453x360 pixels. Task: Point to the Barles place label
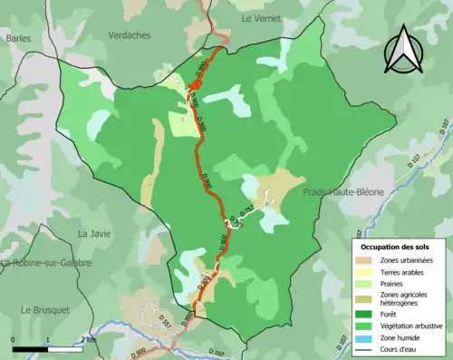tap(19, 38)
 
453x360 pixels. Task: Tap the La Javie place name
tap(93, 233)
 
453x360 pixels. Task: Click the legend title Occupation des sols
tap(397, 247)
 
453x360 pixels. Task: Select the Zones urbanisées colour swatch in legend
tap(367, 260)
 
